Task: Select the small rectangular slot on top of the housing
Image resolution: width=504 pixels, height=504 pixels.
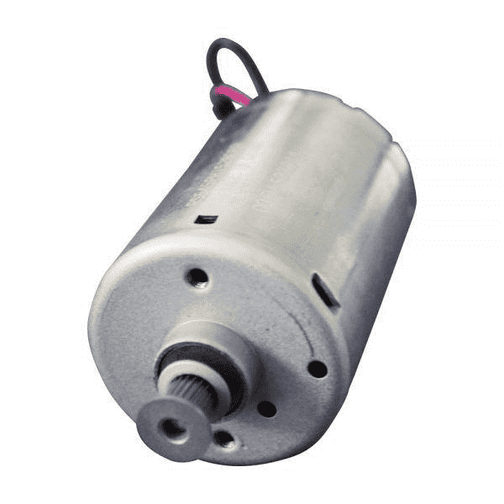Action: tap(206, 219)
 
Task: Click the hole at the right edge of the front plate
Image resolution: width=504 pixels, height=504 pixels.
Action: tap(317, 368)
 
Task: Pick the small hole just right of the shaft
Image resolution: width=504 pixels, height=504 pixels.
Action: tap(266, 408)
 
